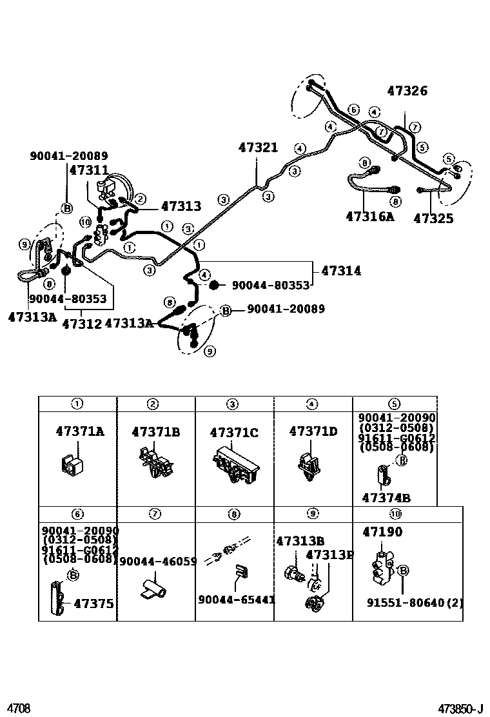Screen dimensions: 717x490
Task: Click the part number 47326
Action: pyautogui.click(x=407, y=91)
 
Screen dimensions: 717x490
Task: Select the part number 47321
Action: pyautogui.click(x=259, y=148)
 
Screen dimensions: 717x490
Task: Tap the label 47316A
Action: pyautogui.click(x=369, y=216)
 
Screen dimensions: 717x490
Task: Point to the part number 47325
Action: pyautogui.click(x=433, y=218)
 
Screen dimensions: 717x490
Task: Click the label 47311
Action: pyautogui.click(x=88, y=170)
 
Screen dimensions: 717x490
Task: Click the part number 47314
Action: pyautogui.click(x=340, y=271)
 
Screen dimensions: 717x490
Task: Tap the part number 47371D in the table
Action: pyautogui.click(x=313, y=431)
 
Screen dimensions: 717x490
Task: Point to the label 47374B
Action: pyautogui.click(x=386, y=498)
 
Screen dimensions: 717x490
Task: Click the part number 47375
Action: pyautogui.click(x=93, y=604)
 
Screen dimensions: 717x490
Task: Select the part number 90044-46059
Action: pyautogui.click(x=158, y=562)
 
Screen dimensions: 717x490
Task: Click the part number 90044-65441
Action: pyautogui.click(x=237, y=599)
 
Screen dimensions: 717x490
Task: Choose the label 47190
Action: pyautogui.click(x=382, y=532)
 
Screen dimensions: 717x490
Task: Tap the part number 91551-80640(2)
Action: pyautogui.click(x=415, y=604)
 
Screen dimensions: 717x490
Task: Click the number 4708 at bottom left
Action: pyautogui.click(x=19, y=709)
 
